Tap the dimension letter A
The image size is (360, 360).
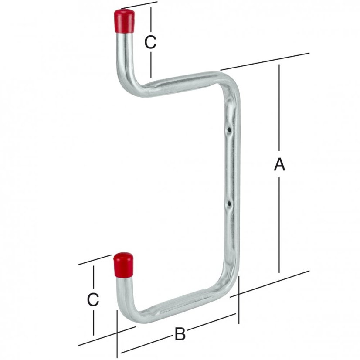(x=279, y=164)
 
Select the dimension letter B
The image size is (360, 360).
(x=180, y=334)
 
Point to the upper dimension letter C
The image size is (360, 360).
(x=150, y=42)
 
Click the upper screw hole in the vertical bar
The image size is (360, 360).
(x=229, y=130)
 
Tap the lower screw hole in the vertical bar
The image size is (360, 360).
(x=229, y=204)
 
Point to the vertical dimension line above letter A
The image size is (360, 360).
(x=279, y=108)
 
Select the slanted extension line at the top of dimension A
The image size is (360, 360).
(x=265, y=61)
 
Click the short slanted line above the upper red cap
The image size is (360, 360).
(x=139, y=5)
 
